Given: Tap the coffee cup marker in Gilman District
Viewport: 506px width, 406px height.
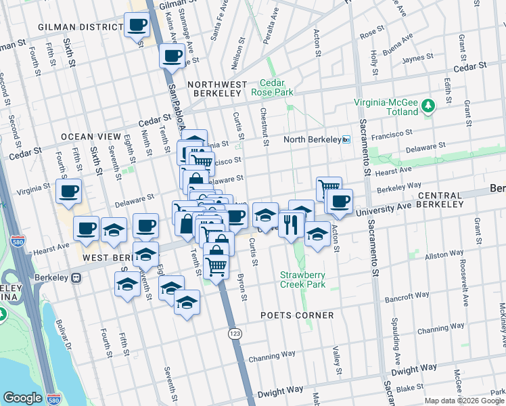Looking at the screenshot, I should click(x=137, y=26).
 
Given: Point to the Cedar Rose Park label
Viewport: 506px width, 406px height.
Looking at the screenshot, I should click(x=272, y=87).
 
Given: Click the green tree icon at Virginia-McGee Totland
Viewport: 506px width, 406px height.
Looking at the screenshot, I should click(x=428, y=106).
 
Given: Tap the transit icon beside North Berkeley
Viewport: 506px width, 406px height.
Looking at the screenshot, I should click(x=346, y=139).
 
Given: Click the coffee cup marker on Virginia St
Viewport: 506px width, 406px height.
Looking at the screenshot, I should click(x=68, y=191).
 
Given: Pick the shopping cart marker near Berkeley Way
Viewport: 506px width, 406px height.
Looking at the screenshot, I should click(x=329, y=187).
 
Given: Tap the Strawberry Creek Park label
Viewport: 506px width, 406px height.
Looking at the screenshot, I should click(x=303, y=279).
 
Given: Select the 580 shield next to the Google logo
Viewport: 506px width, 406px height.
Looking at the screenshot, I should click(x=55, y=398).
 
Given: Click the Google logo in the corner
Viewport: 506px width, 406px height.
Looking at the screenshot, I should click(x=23, y=398).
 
